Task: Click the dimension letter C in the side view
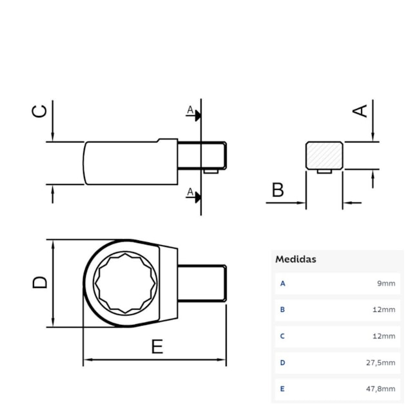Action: [40, 112]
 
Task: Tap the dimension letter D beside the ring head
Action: [40, 282]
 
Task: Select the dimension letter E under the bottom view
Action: [157, 347]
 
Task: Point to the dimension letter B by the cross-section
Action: [277, 190]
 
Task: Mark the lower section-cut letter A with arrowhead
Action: [191, 192]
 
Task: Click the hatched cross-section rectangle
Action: [324, 155]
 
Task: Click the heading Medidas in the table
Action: [296, 259]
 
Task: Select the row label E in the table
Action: [282, 389]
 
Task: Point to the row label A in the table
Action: [282, 284]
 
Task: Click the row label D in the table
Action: [282, 363]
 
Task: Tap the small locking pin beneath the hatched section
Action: [325, 171]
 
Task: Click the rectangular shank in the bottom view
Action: [201, 282]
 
